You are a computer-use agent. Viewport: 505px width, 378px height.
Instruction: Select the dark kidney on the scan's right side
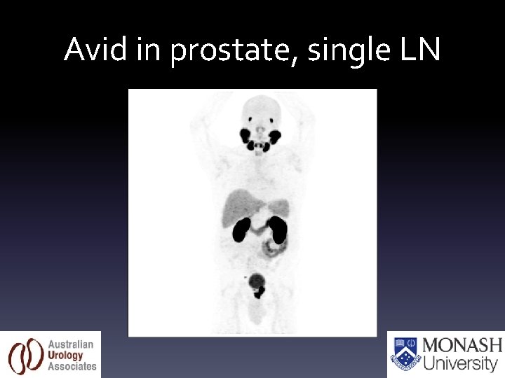coord(278,229)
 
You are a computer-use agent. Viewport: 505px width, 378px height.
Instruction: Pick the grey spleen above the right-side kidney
coord(279,208)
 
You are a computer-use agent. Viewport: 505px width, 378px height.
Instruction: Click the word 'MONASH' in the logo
coord(462,346)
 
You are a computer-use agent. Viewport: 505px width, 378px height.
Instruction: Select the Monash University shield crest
coord(405,354)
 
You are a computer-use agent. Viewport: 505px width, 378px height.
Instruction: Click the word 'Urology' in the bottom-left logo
coord(66,356)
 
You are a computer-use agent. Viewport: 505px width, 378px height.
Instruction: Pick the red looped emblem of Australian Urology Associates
coord(25,356)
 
